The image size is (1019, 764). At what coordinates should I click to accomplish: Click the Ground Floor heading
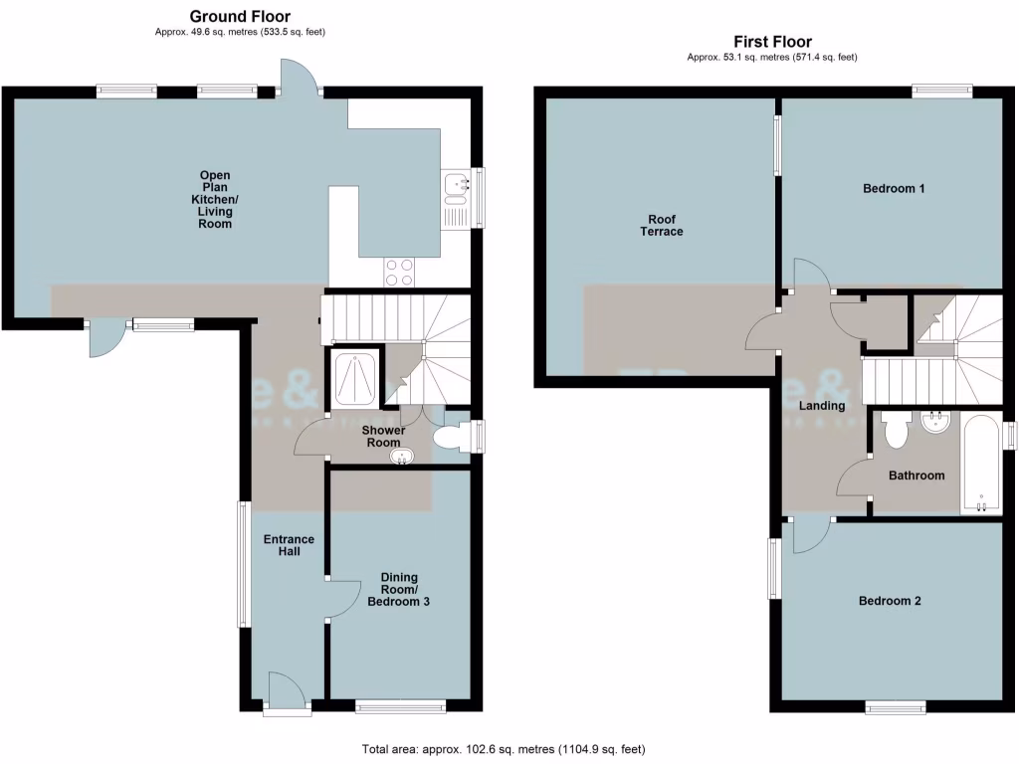[240, 16]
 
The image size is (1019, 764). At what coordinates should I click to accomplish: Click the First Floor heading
[772, 42]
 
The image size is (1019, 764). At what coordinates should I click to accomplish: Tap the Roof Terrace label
[665, 225]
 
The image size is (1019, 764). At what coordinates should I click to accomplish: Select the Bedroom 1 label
[894, 188]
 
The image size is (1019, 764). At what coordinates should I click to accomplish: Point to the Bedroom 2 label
[890, 601]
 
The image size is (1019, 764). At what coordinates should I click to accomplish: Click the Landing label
[822, 406]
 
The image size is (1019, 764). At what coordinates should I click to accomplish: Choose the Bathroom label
[917, 476]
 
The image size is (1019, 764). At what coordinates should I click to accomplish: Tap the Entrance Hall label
[289, 545]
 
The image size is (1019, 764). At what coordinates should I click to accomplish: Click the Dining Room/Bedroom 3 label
[398, 590]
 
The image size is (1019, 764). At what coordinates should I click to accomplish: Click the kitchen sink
[456, 183]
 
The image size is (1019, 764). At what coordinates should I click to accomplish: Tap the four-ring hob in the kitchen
[400, 272]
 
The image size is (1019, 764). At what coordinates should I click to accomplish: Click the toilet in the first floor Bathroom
[895, 431]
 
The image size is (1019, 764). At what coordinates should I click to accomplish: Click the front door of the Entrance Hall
[286, 693]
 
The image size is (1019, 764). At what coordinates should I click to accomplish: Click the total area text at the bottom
[509, 749]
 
